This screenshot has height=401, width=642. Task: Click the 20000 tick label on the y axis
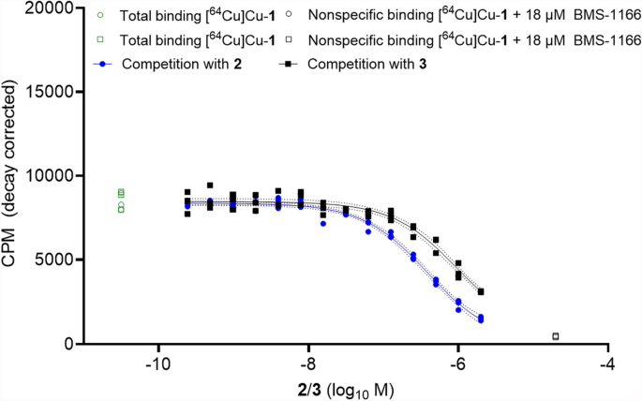point(52,8)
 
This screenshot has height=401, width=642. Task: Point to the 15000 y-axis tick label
point(52,92)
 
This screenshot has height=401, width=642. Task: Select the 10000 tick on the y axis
point(52,176)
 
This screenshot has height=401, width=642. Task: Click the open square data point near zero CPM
point(556,336)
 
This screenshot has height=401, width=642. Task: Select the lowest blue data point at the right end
point(481,320)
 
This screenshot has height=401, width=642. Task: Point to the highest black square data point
point(210,186)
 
